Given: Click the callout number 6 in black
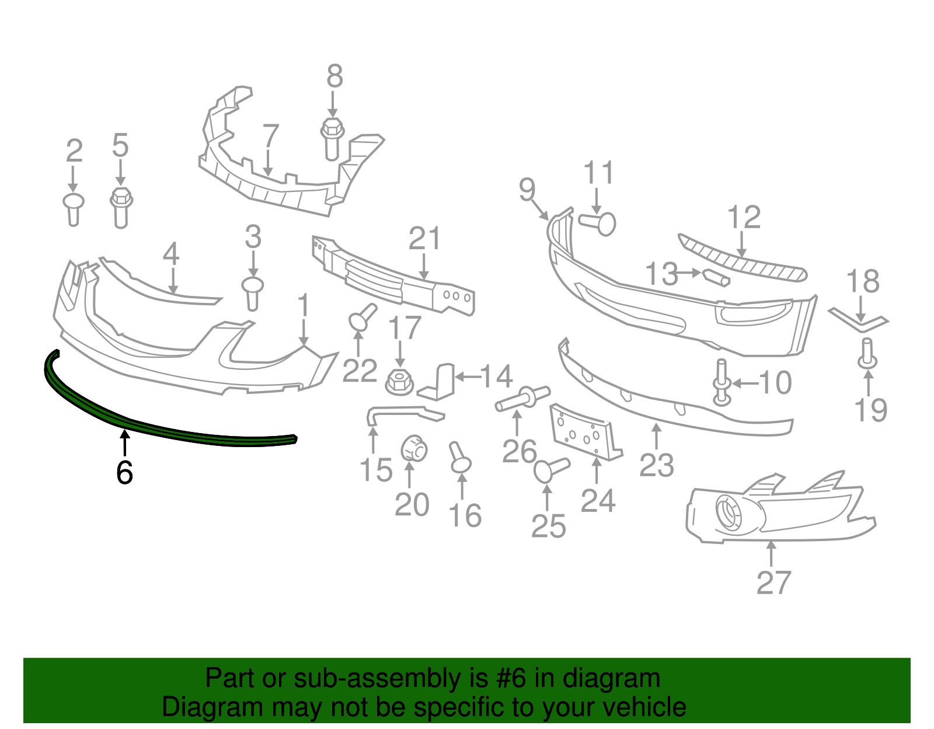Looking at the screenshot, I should tap(124, 472).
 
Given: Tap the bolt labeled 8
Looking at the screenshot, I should tap(332, 138).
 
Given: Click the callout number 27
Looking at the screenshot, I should tap(773, 582).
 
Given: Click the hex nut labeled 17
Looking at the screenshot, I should tap(399, 382).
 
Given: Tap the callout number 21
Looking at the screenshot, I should tap(424, 239).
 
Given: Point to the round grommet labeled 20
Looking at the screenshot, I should tap(414, 449).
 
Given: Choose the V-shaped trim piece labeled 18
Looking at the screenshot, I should tap(859, 320).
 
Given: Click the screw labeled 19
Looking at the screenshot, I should tap(867, 354).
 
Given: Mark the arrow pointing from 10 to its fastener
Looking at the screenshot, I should tap(745, 383).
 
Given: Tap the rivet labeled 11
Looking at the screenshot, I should tap(599, 223).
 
